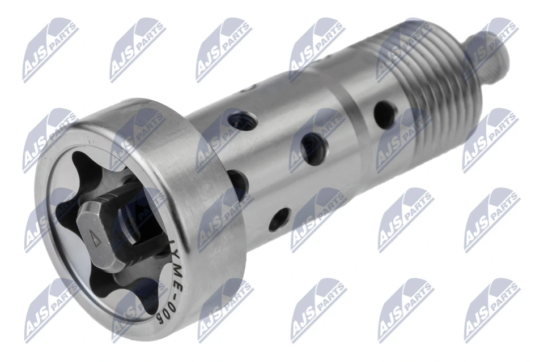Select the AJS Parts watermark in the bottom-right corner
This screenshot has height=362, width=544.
point(491,309)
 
